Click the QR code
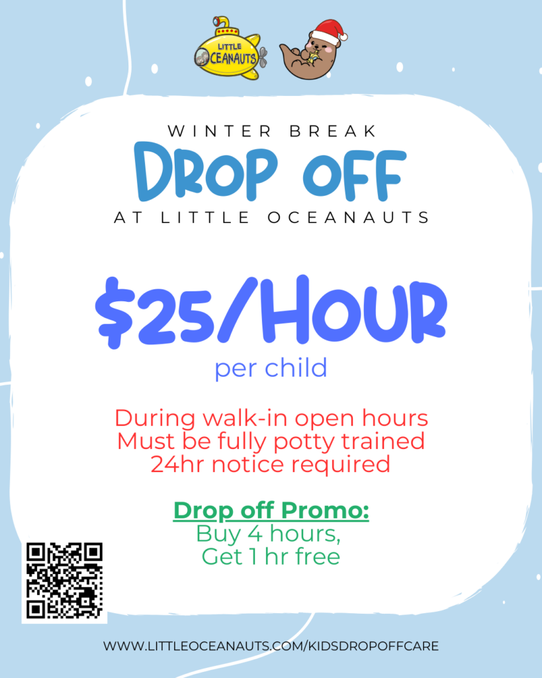tap(64, 581)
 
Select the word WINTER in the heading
tap(220, 131)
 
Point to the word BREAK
tap(332, 131)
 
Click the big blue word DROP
tap(206, 171)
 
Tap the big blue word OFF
tap(355, 174)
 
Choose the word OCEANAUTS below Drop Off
tap(348, 217)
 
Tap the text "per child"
tap(271, 368)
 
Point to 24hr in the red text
tap(178, 464)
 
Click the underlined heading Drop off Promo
tap(271, 510)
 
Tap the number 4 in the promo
tap(255, 534)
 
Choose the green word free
tap(318, 556)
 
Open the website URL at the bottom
tap(271, 646)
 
